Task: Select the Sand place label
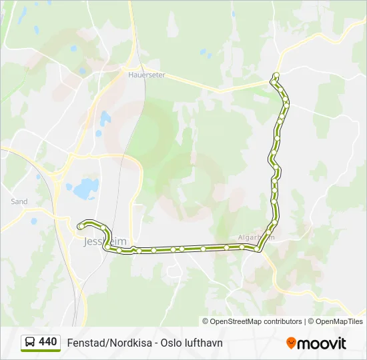point(19,201)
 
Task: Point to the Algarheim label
point(256,237)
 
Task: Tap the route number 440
point(48,342)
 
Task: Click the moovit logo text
point(322,343)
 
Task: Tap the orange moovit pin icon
point(291,343)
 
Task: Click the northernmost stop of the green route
point(276,75)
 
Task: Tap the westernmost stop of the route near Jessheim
point(79,226)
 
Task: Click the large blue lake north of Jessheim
point(86,189)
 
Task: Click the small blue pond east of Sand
point(34,220)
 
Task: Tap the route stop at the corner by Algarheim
point(258,248)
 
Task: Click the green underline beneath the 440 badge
point(41,351)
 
